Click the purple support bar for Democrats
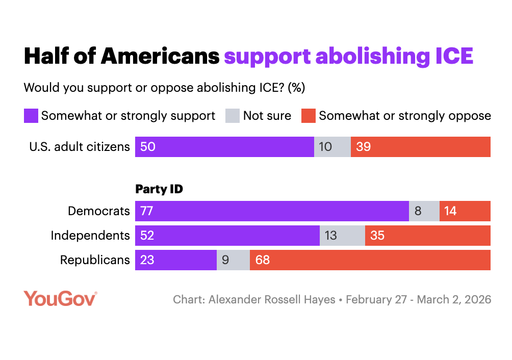[x=272, y=211]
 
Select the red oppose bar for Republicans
[x=370, y=260]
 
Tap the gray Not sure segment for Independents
[x=342, y=236]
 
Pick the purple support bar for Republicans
[x=176, y=260]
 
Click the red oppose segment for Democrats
[x=465, y=211]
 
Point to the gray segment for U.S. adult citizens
[x=332, y=147]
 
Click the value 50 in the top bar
[x=147, y=147]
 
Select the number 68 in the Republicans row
[x=263, y=260]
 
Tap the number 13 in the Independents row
[x=330, y=236]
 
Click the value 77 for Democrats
[x=147, y=211]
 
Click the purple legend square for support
[x=31, y=116]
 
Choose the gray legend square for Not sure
[x=232, y=116]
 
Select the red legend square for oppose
[x=308, y=116]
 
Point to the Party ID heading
[x=159, y=189]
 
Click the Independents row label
[x=90, y=236]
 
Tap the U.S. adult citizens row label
[x=80, y=147]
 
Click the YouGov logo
[x=60, y=298]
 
